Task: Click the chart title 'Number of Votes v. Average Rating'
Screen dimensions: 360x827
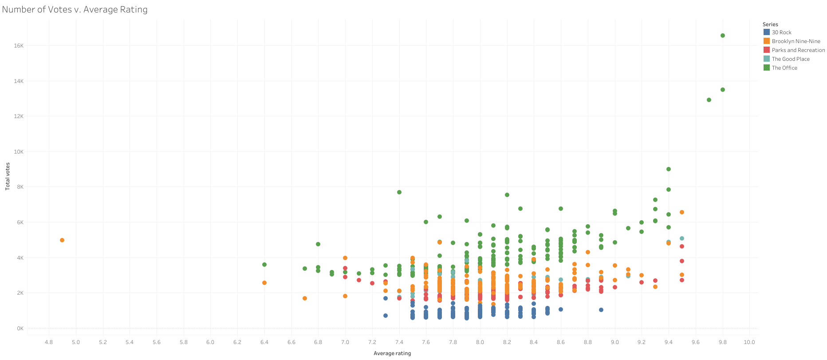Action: click(x=75, y=9)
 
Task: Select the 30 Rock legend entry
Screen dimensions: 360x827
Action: click(x=781, y=32)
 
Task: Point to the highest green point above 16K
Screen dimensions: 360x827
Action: click(x=723, y=36)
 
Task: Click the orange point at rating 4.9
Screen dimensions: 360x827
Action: click(x=62, y=240)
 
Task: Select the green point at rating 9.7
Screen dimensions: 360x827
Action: click(x=709, y=100)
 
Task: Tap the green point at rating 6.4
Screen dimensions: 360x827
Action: click(x=264, y=265)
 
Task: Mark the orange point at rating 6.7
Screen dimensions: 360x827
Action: click(x=305, y=298)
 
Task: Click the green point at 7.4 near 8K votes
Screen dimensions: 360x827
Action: click(x=399, y=192)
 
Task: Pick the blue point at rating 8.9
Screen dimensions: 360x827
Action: click(x=601, y=310)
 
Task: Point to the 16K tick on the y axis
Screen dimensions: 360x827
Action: click(x=18, y=46)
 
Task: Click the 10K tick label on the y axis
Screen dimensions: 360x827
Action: click(x=18, y=152)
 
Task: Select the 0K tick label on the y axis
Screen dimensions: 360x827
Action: click(x=20, y=328)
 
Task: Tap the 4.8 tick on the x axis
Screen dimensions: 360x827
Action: click(x=49, y=342)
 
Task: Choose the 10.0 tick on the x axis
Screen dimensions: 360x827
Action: click(x=749, y=342)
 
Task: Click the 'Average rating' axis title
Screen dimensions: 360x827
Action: click(x=392, y=353)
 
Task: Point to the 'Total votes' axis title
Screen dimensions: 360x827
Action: click(x=8, y=177)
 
